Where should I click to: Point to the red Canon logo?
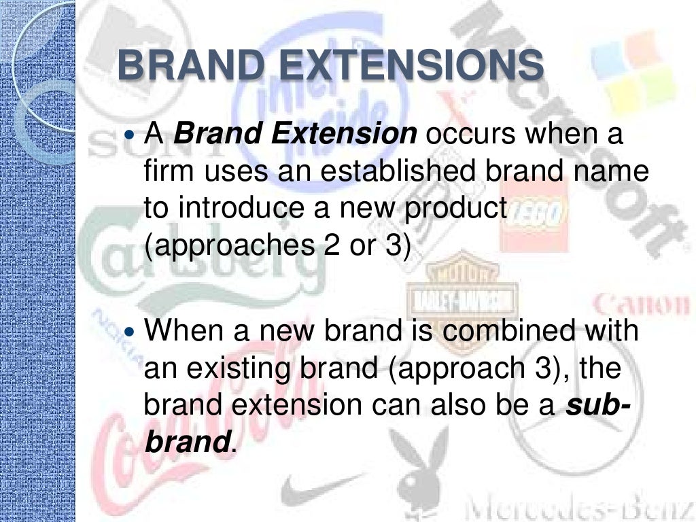(x=641, y=303)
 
